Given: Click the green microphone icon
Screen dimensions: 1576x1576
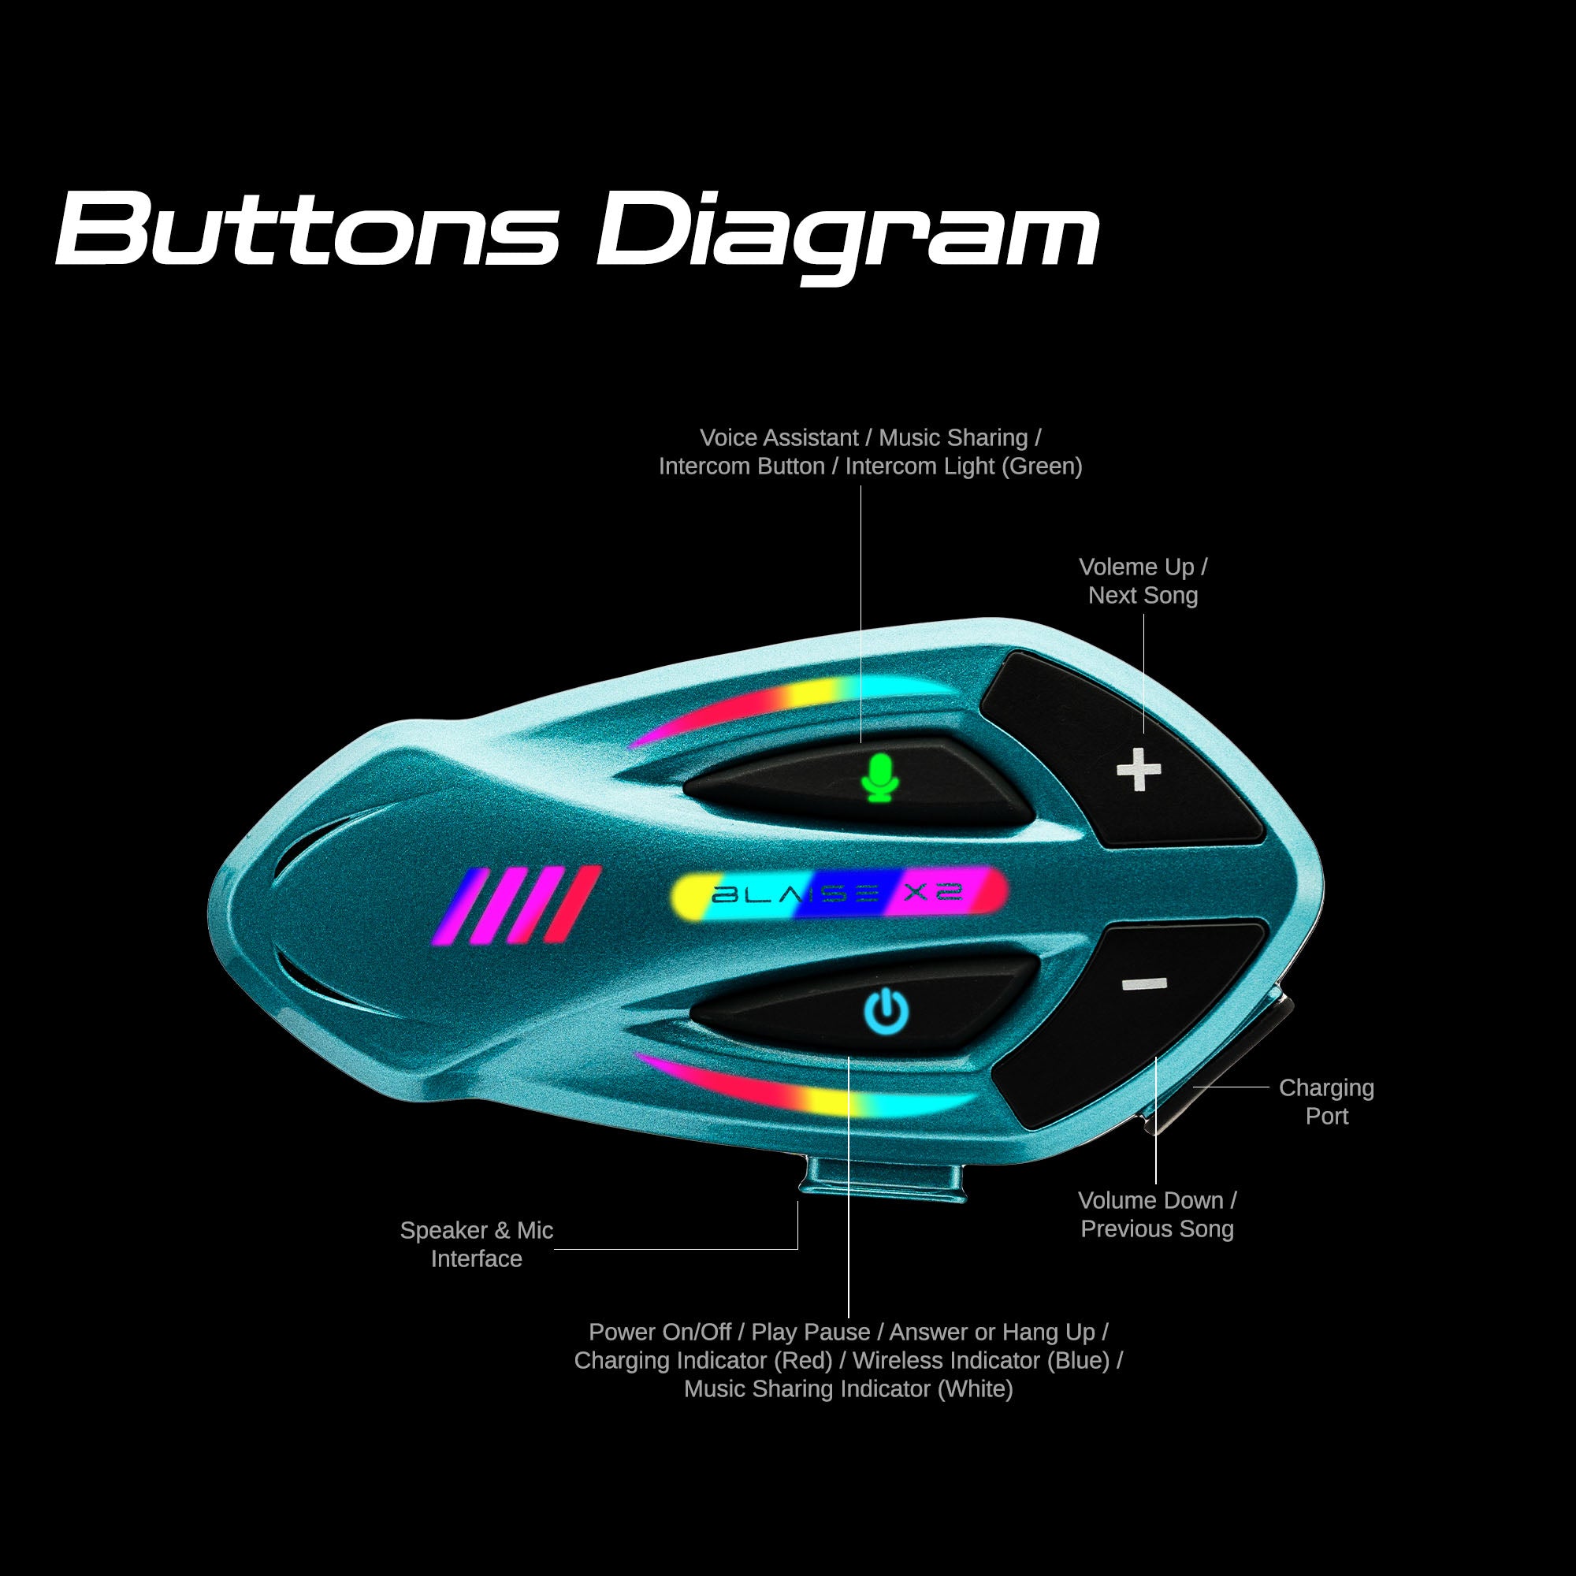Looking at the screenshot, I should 879,778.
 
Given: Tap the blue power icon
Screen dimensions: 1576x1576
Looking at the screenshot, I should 886,1012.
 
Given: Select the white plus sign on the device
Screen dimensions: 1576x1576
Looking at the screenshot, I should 1138,769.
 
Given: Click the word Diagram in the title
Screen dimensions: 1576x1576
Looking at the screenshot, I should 849,232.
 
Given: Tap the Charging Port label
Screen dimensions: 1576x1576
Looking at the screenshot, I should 1326,1102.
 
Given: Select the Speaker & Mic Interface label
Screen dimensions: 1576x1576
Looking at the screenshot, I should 477,1244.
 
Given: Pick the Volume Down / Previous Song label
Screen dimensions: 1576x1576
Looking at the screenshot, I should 1157,1214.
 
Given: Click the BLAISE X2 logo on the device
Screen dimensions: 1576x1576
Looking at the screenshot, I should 837,894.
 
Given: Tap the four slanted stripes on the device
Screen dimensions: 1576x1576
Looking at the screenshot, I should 517,905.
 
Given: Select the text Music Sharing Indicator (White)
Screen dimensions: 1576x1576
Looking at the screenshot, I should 849,1388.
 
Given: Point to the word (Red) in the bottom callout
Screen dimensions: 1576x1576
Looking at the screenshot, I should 803,1360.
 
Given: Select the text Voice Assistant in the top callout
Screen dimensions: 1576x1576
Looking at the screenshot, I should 779,438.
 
